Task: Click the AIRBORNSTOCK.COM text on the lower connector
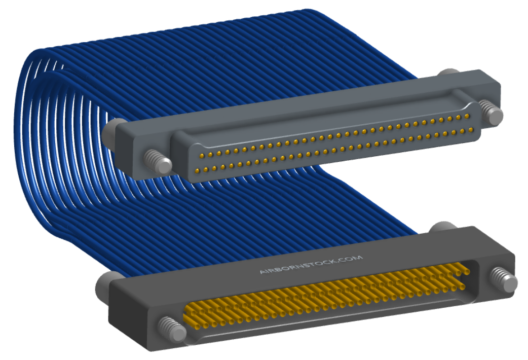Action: pos(311,265)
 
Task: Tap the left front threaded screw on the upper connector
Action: pos(158,161)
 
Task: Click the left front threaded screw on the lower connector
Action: pos(172,329)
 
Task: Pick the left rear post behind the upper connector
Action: pos(112,132)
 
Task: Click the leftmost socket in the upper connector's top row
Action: pos(202,155)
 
